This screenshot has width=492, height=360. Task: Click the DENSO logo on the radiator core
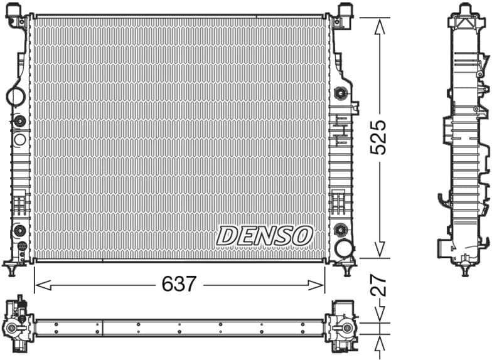[x=264, y=236]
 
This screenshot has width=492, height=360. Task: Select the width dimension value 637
[x=179, y=284]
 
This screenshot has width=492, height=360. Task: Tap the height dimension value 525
[x=378, y=138]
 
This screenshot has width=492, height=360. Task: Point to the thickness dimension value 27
[x=378, y=286]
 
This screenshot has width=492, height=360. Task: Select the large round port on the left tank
[x=15, y=97]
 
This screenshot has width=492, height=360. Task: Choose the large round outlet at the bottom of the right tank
[x=343, y=248]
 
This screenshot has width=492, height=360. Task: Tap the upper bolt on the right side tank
[x=341, y=93]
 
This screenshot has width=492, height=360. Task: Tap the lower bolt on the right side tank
[x=341, y=228]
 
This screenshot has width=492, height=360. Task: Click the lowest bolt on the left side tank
[x=19, y=230]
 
